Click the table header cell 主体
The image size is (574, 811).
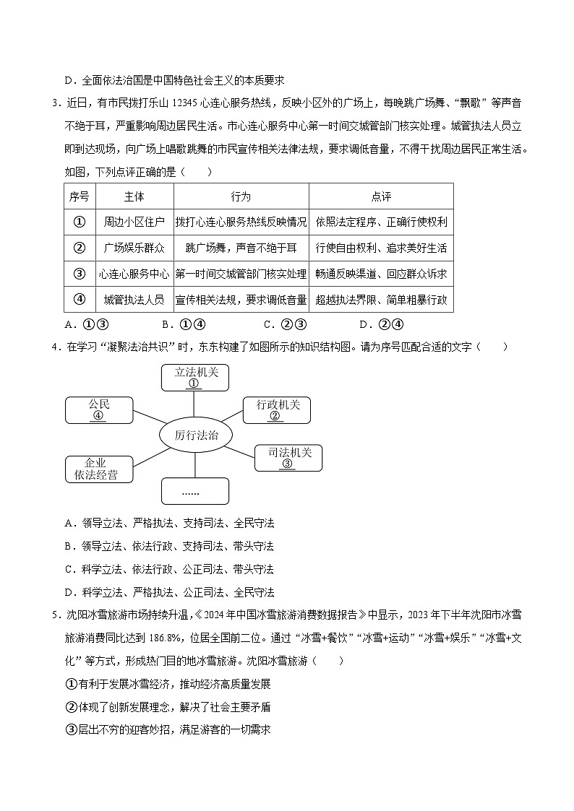(134, 196)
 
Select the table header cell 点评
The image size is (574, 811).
(381, 196)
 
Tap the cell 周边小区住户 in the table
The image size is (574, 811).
(134, 222)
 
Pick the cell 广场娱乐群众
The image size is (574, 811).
(134, 248)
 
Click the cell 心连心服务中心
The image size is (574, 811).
(134, 274)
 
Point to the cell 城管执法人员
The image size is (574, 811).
(134, 300)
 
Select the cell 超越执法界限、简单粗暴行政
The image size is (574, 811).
(381, 300)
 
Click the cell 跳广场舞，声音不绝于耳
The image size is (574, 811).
(241, 248)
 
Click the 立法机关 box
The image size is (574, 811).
(194, 377)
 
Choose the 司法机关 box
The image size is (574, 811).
(288, 457)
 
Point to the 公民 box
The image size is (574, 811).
(98, 409)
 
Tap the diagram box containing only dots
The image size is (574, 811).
(191, 491)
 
